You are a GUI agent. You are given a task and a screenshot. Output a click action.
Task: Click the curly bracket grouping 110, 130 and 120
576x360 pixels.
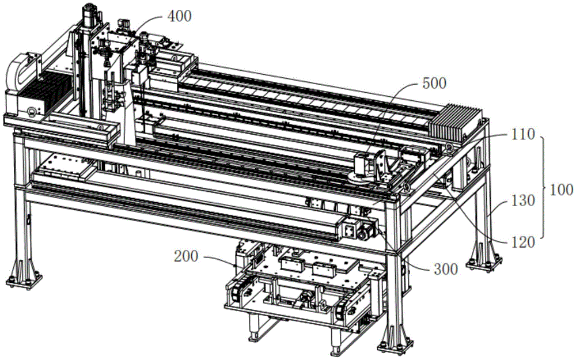[x=544, y=190]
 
